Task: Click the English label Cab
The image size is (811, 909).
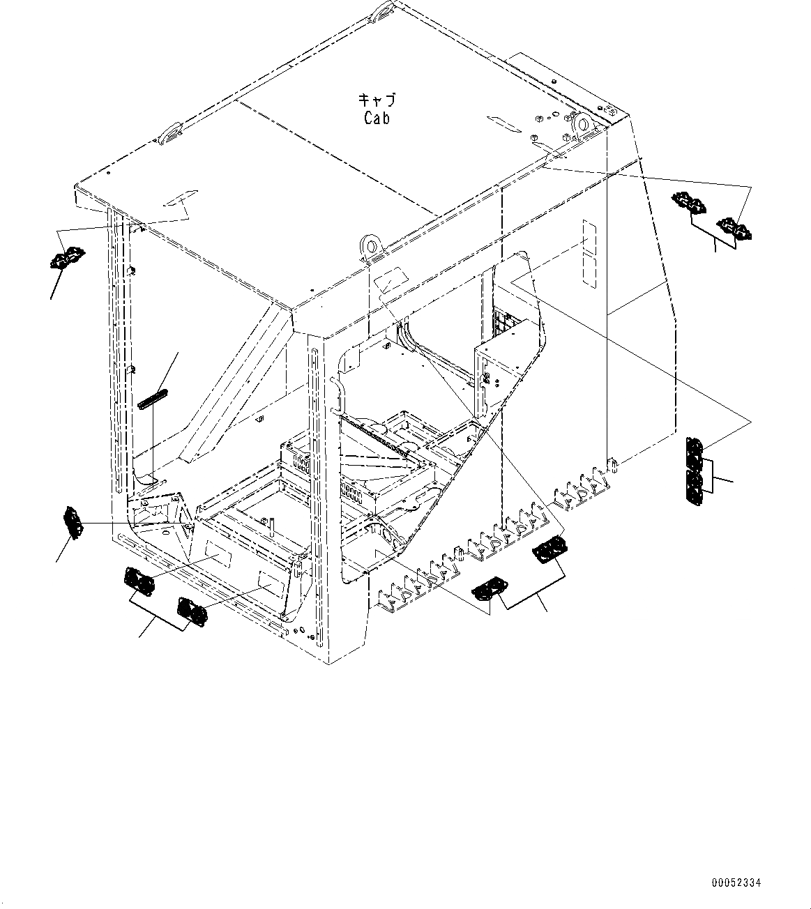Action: point(377,119)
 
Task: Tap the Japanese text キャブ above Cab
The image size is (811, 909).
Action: point(377,100)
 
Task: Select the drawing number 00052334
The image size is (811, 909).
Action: point(736,883)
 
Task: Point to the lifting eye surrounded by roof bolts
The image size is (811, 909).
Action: point(580,125)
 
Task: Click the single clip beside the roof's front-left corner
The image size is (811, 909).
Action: point(66,259)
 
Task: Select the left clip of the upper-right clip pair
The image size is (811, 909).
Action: point(689,204)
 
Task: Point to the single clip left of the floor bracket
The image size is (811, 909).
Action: point(73,522)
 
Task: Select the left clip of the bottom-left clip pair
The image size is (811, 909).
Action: point(140,581)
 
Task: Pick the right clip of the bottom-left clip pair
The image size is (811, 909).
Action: point(192,611)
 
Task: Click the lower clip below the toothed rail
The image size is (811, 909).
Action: point(490,589)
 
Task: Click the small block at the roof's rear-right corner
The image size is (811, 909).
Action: point(609,109)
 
